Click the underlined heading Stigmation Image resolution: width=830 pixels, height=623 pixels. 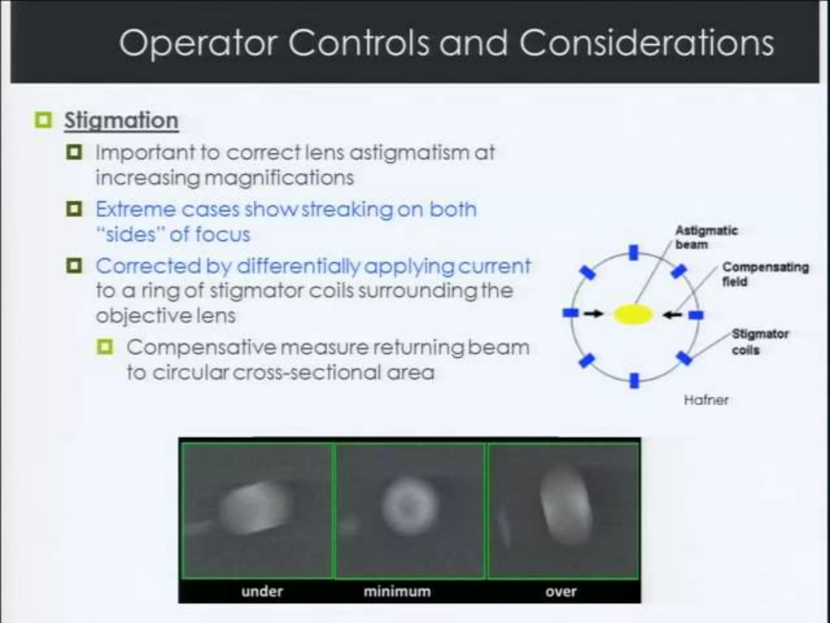pyautogui.click(x=121, y=120)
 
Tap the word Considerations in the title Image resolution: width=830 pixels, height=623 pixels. pyautogui.click(x=646, y=43)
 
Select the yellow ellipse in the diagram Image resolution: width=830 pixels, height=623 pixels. pyautogui.click(x=633, y=315)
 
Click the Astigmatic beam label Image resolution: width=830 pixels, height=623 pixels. pyautogui.click(x=706, y=237)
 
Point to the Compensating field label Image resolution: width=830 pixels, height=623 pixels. pyautogui.click(x=765, y=274)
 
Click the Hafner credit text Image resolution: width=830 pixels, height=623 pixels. pyautogui.click(x=706, y=400)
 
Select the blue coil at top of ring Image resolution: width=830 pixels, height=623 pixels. pyautogui.click(x=634, y=252)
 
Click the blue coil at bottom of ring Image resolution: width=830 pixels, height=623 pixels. pyautogui.click(x=634, y=381)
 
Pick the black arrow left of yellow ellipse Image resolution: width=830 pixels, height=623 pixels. pyautogui.click(x=594, y=314)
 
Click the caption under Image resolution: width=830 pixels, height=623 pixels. pyautogui.click(x=262, y=591)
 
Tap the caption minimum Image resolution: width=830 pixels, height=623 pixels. pyautogui.click(x=397, y=591)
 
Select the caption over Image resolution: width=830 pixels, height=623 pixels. pyautogui.click(x=560, y=591)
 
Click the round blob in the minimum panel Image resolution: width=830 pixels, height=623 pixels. pyautogui.click(x=409, y=506)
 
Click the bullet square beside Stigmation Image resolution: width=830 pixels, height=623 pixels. pyautogui.click(x=43, y=120)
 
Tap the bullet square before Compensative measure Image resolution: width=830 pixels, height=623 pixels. pyautogui.click(x=105, y=347)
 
